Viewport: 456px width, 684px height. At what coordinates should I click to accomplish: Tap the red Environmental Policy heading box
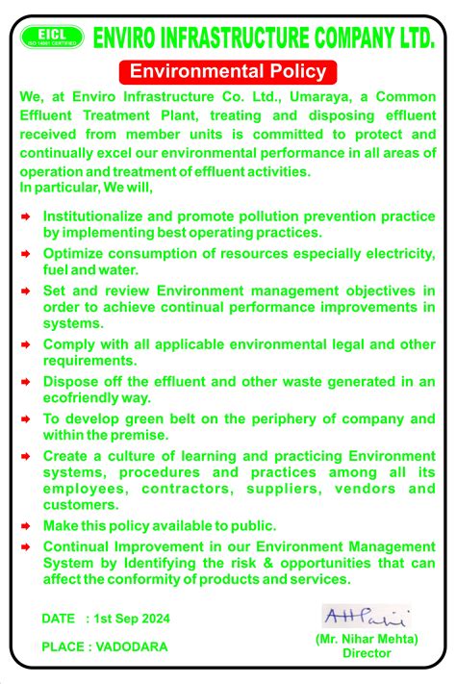pos(229,71)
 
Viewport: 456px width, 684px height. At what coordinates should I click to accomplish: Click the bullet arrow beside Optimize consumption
pos(27,253)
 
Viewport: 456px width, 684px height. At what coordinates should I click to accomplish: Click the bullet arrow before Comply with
pos(27,343)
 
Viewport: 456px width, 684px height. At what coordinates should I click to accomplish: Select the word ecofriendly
pos(79,396)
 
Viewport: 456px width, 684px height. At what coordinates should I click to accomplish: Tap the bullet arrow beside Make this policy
pos(27,525)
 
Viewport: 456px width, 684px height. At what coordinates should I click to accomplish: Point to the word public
pos(254,525)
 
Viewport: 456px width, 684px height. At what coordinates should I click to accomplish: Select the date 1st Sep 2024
pos(141,617)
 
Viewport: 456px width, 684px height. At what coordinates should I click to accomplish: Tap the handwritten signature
pos(366,617)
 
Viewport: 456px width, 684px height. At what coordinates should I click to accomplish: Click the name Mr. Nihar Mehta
pos(367,639)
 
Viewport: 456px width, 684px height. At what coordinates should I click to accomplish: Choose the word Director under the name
pos(367,653)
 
